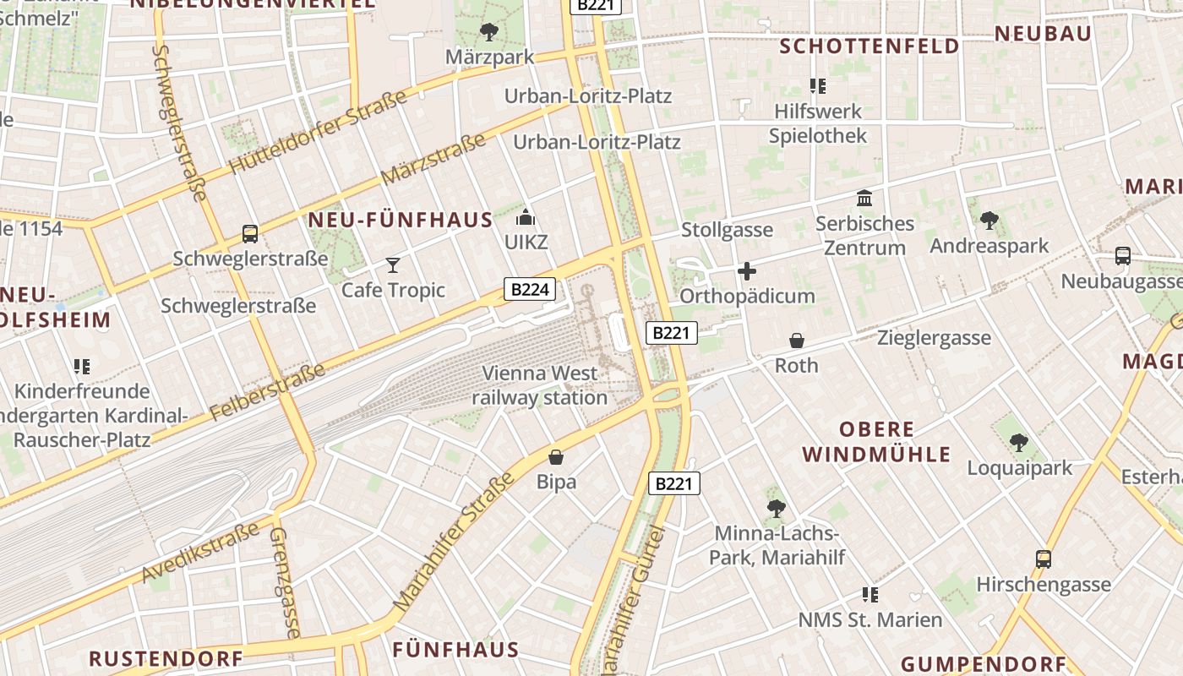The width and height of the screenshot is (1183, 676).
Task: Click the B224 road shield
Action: (531, 290)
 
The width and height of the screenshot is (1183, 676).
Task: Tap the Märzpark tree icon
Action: (488, 33)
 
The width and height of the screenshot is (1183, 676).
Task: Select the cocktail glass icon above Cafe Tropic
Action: (393, 265)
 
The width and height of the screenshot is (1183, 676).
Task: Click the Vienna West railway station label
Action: (540, 385)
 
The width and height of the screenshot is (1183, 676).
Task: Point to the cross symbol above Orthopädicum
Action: (747, 271)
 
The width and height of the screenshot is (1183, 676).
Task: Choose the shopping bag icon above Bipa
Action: (556, 457)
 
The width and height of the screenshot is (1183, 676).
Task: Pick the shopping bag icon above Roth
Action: (796, 341)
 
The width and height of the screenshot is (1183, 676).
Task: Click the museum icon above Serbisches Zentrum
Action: (864, 199)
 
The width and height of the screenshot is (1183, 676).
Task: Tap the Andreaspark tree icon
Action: (989, 221)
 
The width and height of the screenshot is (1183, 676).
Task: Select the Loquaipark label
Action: (1019, 468)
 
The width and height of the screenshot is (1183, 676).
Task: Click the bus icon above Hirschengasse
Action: (1044, 559)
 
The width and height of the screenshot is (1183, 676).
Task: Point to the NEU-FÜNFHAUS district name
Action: (401, 221)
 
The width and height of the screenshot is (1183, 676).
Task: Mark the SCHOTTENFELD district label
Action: (870, 46)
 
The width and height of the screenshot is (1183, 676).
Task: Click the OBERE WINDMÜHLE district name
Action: (876, 442)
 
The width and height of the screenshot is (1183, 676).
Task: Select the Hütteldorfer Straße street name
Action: (318, 133)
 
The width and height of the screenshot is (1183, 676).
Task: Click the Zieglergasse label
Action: (934, 338)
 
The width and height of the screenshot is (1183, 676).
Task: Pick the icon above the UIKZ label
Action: (526, 217)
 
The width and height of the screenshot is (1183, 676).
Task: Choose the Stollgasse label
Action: (727, 230)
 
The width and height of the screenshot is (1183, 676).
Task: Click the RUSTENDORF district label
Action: (166, 658)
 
